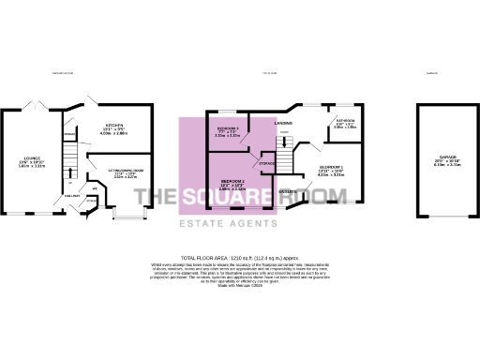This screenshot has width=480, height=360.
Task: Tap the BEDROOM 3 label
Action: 228,127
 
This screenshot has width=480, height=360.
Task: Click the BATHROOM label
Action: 344,120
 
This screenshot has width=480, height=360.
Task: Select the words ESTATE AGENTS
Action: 240,223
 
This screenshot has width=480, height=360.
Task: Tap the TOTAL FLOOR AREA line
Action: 240,256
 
